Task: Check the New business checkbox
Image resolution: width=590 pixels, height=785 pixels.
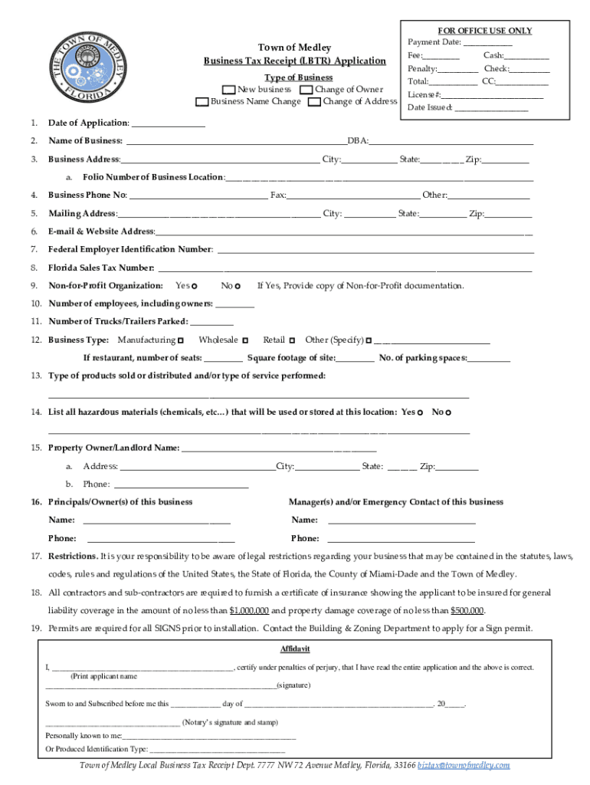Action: [228, 90]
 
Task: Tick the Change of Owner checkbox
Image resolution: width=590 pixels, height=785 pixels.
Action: [306, 90]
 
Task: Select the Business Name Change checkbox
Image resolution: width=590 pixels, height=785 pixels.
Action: [202, 102]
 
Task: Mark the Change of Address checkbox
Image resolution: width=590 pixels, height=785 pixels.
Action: [314, 102]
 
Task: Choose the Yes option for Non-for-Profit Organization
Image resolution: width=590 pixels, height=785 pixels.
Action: [195, 286]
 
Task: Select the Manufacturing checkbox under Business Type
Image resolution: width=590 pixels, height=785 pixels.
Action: [181, 340]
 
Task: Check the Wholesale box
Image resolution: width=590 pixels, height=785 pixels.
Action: [246, 340]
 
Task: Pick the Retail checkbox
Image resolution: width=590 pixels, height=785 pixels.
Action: [293, 340]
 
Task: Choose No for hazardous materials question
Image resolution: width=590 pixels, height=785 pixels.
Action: [448, 413]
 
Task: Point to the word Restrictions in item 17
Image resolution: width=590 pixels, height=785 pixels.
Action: [72, 556]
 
